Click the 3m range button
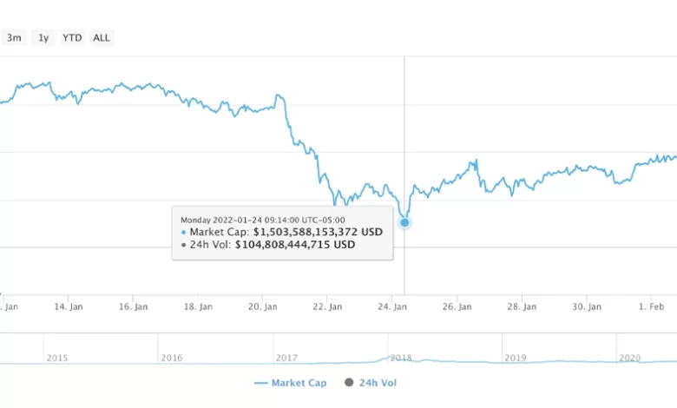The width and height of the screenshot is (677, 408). tap(14, 38)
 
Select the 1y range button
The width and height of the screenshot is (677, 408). tap(43, 38)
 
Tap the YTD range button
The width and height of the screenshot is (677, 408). tap(72, 38)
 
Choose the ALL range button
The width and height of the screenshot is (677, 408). tap(102, 38)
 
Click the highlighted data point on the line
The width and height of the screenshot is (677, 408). tap(404, 222)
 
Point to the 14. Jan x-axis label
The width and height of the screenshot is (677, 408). tap(69, 306)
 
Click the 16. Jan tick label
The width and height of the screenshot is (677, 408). tap(135, 306)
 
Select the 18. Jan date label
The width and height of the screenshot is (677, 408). tap(199, 306)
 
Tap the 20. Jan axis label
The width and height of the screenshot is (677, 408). tap(264, 306)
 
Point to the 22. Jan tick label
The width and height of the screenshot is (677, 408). tap(328, 306)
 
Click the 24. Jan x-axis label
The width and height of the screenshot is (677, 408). tap(393, 306)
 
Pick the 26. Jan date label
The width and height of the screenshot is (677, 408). tap(457, 306)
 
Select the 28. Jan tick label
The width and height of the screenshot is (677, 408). tap(523, 306)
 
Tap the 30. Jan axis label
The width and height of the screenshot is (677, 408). tap(587, 306)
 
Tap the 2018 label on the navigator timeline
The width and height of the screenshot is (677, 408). tap(400, 357)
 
